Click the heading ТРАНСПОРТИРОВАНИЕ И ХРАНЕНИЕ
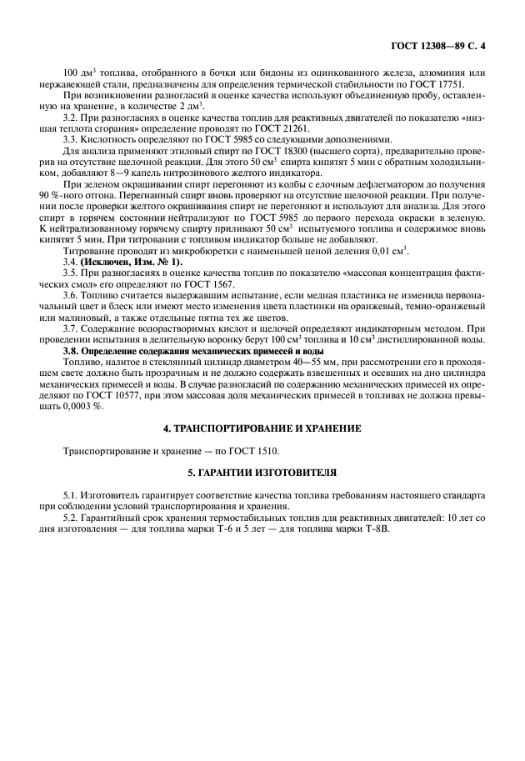262,428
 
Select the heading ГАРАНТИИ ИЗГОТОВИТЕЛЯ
262,473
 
